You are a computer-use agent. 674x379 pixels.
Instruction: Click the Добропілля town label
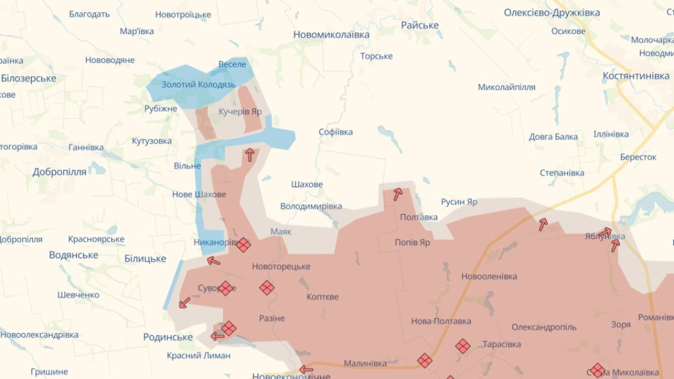(x=59, y=172)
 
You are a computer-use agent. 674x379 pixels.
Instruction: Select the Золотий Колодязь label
(x=198, y=84)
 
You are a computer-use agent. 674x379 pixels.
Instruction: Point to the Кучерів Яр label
(x=240, y=111)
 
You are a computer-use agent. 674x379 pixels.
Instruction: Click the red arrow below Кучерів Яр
(x=250, y=155)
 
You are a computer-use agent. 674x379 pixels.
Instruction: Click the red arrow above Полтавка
(x=397, y=194)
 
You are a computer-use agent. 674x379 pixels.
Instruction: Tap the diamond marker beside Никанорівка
(x=243, y=245)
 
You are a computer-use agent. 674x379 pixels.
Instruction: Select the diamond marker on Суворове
(x=225, y=288)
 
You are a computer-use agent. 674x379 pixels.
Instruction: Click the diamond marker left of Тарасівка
(x=463, y=346)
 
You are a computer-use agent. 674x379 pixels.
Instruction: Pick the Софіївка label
(x=336, y=132)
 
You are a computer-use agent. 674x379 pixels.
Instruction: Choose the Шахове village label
(x=307, y=185)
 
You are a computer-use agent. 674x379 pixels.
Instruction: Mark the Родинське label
(x=168, y=337)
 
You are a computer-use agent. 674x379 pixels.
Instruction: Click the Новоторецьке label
(x=281, y=266)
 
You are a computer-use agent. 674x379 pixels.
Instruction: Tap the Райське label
(x=419, y=25)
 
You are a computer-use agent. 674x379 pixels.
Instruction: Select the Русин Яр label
(x=459, y=202)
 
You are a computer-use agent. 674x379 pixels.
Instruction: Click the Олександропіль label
(x=544, y=327)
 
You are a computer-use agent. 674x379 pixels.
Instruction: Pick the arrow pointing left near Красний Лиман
(x=217, y=336)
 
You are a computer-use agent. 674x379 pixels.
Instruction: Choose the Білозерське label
(x=28, y=78)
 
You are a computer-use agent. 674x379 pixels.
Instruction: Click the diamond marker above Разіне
(x=266, y=288)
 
